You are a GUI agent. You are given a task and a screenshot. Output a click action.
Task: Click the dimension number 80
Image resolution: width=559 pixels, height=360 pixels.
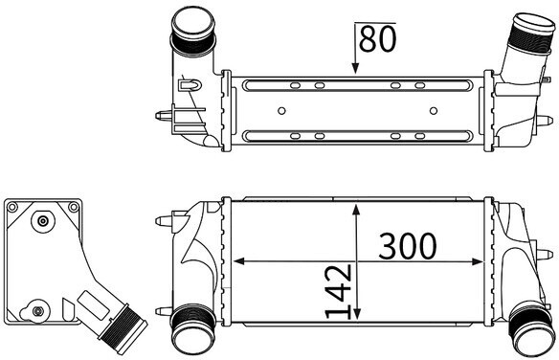(377, 39)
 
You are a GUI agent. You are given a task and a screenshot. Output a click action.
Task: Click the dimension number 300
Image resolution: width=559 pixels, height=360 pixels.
(407, 246)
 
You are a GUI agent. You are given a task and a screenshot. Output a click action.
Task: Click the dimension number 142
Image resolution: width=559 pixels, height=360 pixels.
(339, 291)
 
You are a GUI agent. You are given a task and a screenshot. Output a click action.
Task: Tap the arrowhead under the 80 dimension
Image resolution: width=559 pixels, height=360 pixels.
(355, 68)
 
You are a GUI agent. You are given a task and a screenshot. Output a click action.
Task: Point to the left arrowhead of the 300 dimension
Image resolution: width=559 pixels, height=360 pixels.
(239, 261)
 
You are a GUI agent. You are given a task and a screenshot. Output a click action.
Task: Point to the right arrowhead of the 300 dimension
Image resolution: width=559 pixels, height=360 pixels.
(478, 261)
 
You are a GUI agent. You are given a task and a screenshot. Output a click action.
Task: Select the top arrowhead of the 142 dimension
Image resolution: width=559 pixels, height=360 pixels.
(356, 210)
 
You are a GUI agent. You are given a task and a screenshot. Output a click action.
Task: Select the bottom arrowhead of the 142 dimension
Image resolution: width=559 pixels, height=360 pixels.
(357, 313)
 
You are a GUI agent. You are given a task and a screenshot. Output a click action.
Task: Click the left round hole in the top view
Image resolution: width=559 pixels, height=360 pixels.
(281, 111)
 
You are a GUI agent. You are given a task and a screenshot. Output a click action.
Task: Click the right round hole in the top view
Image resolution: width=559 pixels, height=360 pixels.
(434, 111)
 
